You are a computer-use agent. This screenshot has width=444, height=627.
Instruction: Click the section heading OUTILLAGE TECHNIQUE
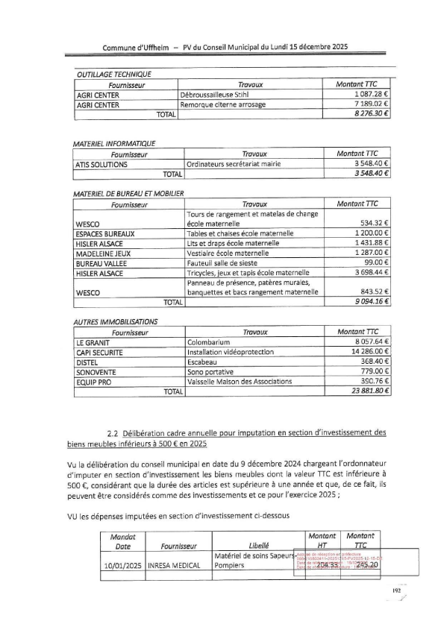(x=114, y=74)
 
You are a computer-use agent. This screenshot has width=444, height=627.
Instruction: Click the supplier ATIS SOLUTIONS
(x=101, y=164)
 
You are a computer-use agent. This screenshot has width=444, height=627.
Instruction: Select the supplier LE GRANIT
(x=93, y=341)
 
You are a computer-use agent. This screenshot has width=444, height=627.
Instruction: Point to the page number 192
(x=396, y=591)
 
